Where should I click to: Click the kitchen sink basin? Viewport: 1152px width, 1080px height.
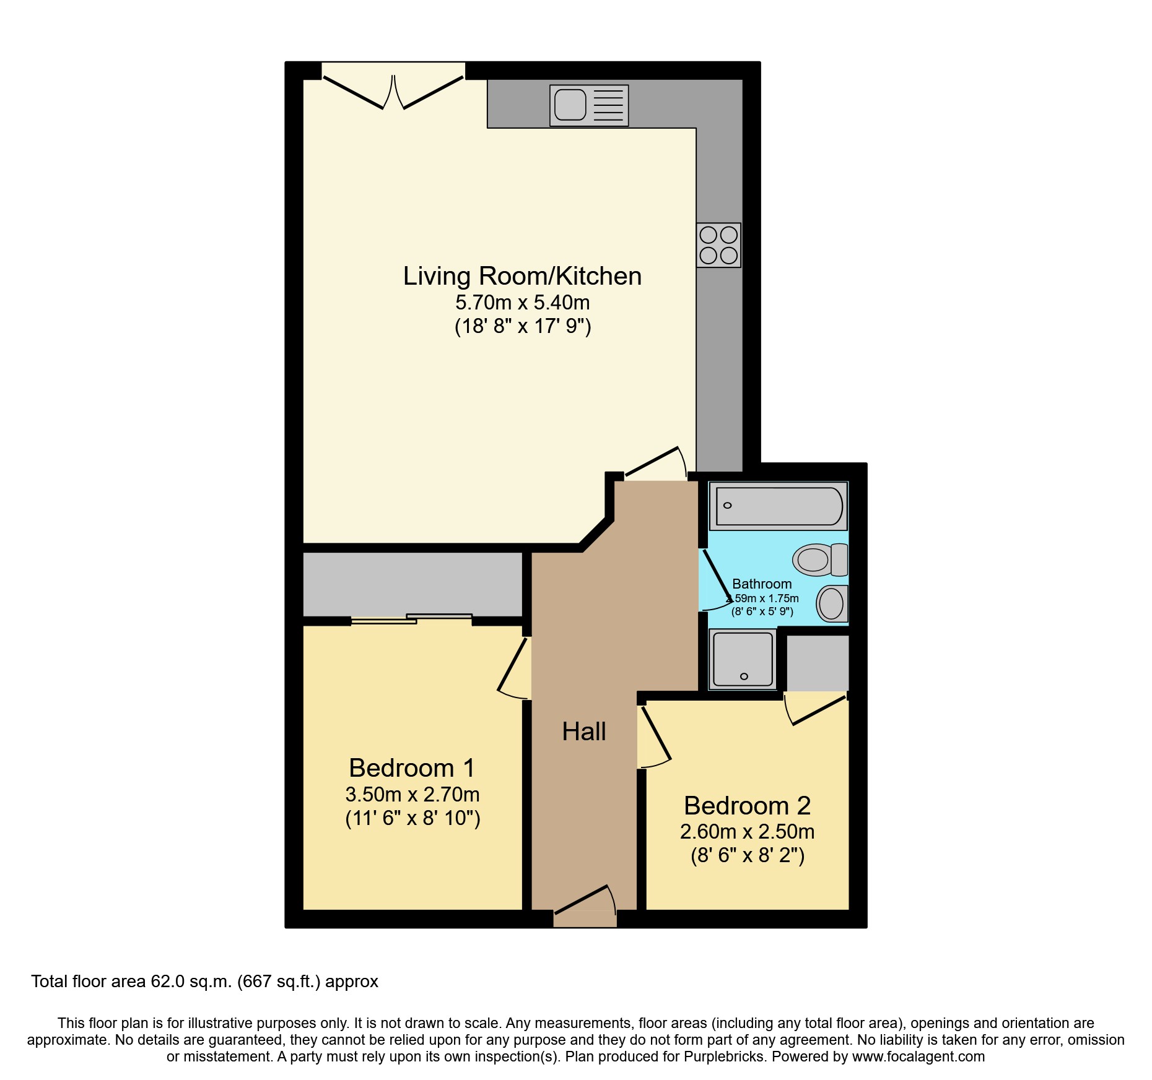click(x=570, y=105)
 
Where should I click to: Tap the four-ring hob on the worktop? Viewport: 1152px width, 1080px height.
click(x=718, y=245)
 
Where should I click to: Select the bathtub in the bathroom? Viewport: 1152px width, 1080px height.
click(x=779, y=506)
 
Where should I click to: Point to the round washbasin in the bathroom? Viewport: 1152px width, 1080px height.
click(x=831, y=603)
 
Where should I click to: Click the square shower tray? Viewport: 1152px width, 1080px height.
click(x=743, y=659)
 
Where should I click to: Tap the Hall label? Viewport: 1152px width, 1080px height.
click(x=583, y=732)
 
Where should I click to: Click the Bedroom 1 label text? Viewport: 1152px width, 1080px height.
click(x=412, y=768)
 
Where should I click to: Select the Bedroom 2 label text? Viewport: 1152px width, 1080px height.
click(x=747, y=806)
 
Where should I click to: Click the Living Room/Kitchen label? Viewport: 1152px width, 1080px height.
click(x=522, y=276)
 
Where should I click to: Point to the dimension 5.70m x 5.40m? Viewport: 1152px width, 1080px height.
click(x=522, y=303)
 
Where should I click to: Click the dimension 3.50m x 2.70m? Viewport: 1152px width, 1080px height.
click(x=412, y=795)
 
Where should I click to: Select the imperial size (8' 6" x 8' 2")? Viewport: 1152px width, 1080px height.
click(x=747, y=856)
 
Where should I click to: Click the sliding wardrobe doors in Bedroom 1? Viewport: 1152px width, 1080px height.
click(x=412, y=619)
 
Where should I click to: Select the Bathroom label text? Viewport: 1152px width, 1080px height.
click(x=762, y=584)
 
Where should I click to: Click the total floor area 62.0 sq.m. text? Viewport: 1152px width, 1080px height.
click(x=204, y=982)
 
